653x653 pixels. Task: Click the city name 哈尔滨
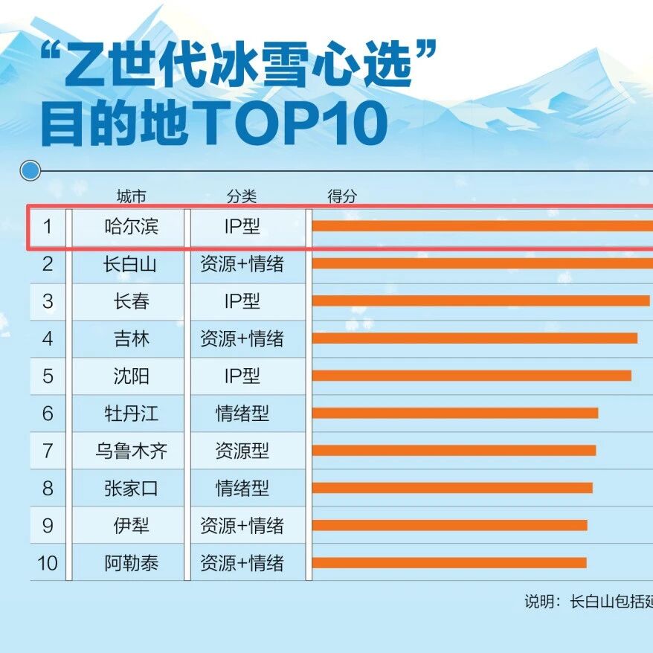[131, 227]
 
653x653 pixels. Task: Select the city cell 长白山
[131, 264]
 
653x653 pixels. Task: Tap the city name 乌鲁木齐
[131, 451]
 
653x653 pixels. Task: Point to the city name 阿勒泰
[131, 563]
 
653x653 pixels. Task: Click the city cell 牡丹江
[131, 414]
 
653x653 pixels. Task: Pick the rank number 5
[48, 376]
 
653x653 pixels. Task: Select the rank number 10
[48, 563]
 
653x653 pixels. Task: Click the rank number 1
[48, 227]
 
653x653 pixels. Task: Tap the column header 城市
[131, 196]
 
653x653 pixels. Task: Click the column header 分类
[242, 196]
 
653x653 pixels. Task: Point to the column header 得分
[342, 196]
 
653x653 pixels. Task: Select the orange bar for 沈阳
[472, 376]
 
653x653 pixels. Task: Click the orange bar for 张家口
[452, 488]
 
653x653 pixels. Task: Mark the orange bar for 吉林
[475, 338]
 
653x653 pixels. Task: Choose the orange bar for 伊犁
[450, 525]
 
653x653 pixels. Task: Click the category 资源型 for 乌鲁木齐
[242, 451]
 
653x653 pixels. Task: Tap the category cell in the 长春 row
[242, 301]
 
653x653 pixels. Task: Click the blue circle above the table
[30, 171]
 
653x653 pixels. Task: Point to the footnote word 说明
[539, 602]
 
